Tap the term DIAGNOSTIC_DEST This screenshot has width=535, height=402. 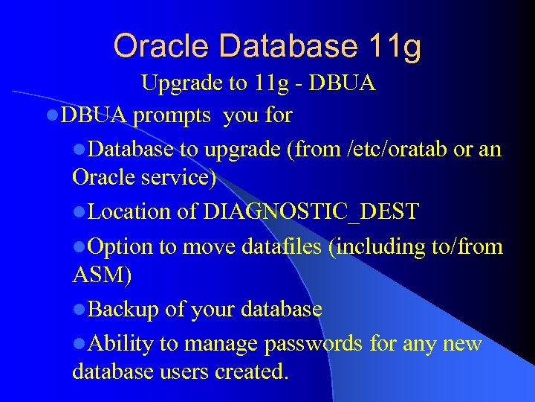click(311, 212)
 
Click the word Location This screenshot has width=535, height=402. click(129, 211)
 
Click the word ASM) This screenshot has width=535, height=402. click(103, 276)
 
